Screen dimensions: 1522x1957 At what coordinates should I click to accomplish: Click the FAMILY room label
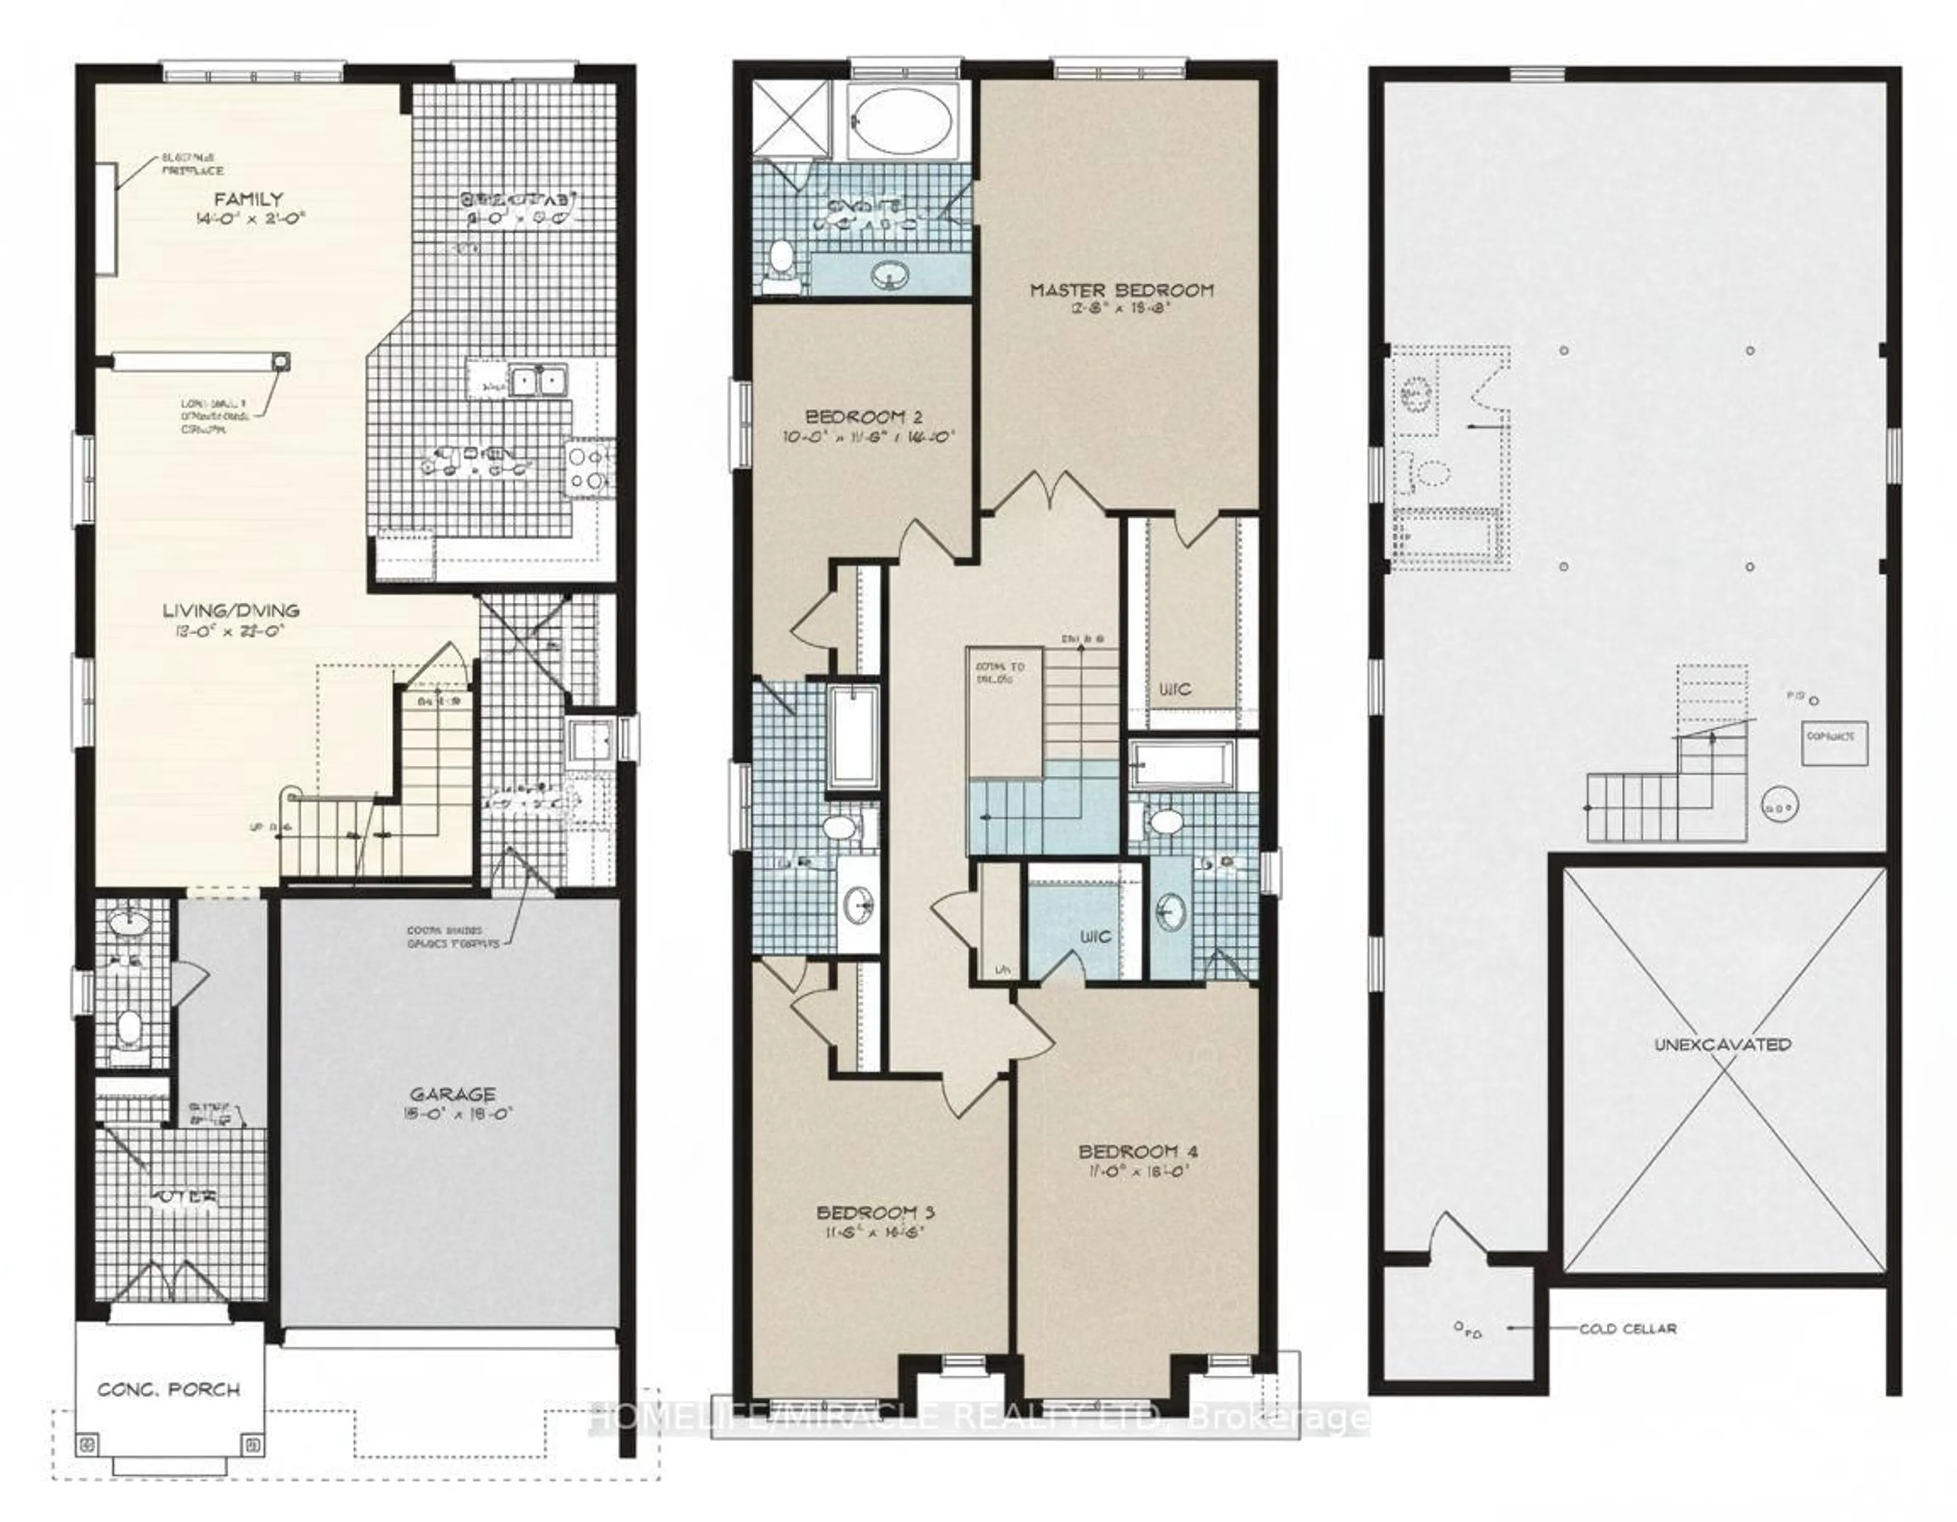coord(248,199)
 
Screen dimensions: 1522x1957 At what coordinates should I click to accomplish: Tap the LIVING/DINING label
coord(230,611)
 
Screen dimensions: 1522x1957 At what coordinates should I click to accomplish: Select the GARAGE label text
coord(453,1094)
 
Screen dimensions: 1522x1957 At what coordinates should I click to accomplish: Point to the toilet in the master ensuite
coord(780,260)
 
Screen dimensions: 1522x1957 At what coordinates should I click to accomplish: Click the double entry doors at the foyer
coord(169,1283)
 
